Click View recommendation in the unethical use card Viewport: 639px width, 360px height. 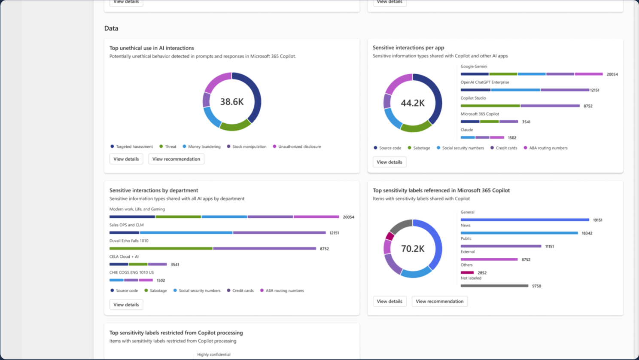tap(176, 159)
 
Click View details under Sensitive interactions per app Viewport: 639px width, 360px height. tap(389, 162)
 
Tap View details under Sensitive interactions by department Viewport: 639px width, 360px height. tap(126, 305)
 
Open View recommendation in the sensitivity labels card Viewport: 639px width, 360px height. tap(439, 301)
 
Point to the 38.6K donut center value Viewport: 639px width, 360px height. tap(232, 102)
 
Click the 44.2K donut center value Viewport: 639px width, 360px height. tap(412, 103)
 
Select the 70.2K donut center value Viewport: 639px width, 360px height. tap(412, 249)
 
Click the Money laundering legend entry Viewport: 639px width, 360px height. tap(204, 146)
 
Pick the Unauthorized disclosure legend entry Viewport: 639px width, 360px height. tap(299, 146)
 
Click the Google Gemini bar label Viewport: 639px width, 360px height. tap(474, 67)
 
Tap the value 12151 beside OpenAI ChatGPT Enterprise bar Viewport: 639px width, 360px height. tap(595, 90)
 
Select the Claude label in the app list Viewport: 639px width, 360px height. tap(467, 130)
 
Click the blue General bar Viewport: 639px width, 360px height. tap(525, 220)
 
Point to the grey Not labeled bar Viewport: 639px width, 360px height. tap(494, 286)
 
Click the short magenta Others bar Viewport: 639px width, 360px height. tap(467, 273)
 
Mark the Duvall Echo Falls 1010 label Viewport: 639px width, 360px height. tap(129, 241)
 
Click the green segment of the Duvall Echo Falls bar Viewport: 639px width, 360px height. tap(161, 248)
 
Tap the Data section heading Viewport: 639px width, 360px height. tap(111, 28)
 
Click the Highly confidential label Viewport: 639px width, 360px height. tap(214, 354)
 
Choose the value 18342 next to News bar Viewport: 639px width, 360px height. tap(587, 233)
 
